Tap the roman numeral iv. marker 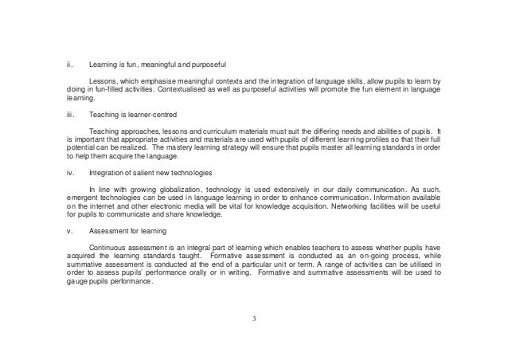(x=70, y=172)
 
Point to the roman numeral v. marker (x=69, y=232)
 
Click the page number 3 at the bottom (x=254, y=320)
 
